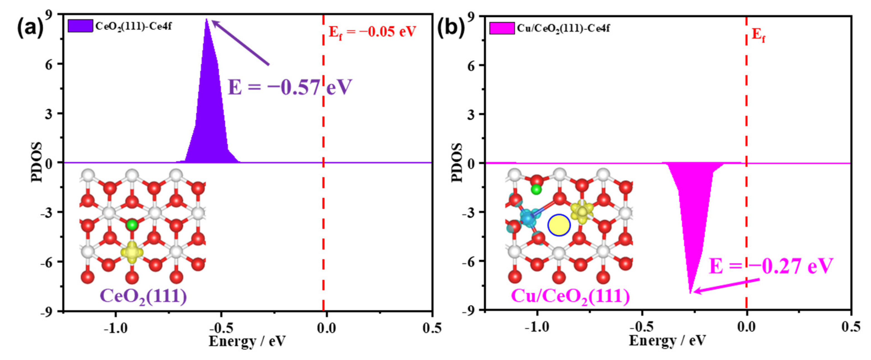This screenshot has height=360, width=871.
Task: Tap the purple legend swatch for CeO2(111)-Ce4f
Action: [x=80, y=26]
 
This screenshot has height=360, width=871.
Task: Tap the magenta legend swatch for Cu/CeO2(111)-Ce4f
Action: [x=502, y=28]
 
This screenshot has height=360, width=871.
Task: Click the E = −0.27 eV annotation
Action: [x=771, y=266]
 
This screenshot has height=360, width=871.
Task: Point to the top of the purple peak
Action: [x=207, y=20]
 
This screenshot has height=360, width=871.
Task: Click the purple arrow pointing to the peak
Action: [x=240, y=42]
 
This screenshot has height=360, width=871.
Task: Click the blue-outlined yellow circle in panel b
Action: [x=559, y=225]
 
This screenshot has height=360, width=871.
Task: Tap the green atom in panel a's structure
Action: [x=132, y=225]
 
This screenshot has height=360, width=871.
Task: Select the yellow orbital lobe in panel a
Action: [x=132, y=252]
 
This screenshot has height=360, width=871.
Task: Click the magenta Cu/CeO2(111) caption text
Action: [x=570, y=296]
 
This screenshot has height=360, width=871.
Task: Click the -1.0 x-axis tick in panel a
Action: [x=116, y=328]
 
